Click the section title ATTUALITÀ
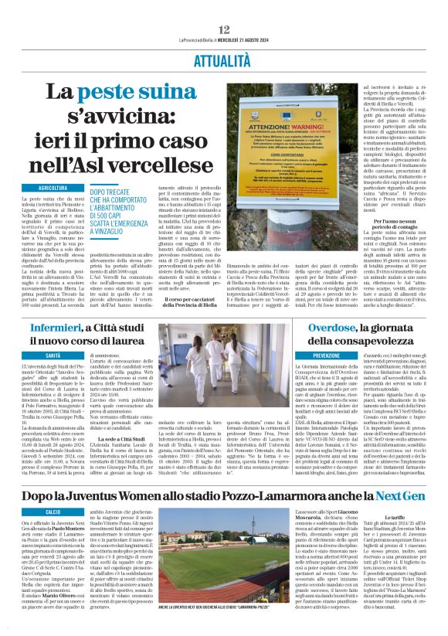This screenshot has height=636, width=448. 223,59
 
